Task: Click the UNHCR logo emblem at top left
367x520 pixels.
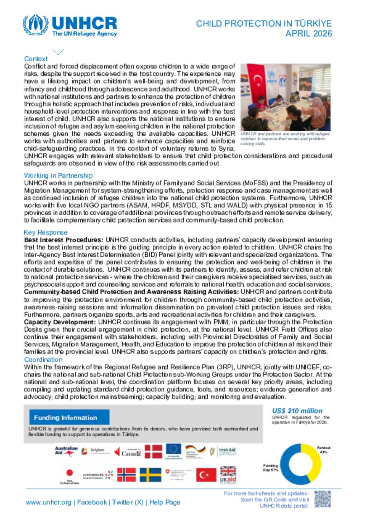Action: coord(35,25)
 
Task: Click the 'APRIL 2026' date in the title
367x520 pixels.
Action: coord(309,34)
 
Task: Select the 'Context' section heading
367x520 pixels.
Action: coord(36,59)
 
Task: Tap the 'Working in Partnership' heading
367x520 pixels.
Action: coord(58,175)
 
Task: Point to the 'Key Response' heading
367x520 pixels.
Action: coord(46,232)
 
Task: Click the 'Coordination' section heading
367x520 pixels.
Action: coord(43,360)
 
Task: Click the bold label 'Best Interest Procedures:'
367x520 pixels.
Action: coord(63,240)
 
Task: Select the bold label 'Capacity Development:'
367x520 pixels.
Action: coord(60,322)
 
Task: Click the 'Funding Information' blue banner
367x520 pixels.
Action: coord(69,418)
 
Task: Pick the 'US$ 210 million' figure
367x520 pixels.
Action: coord(297,411)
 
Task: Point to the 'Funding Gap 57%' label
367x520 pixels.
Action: coord(271,468)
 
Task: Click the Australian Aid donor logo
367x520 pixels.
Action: coord(66,451)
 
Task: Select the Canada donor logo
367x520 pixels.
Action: coord(128,452)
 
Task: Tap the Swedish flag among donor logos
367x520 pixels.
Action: coord(150,474)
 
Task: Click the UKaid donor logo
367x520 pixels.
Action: coord(228,474)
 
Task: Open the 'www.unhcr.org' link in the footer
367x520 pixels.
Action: coord(48,502)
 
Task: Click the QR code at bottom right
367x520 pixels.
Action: coord(323,499)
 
